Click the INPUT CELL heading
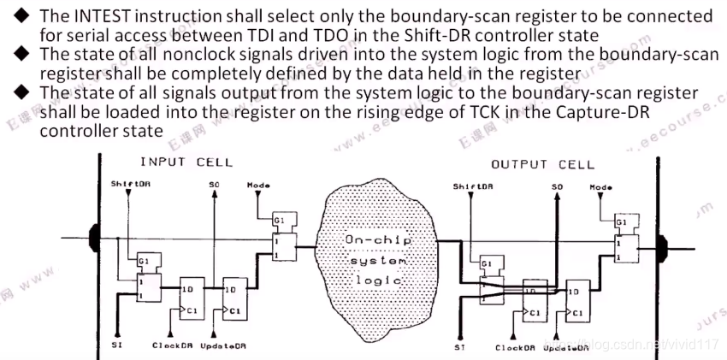click(x=186, y=161)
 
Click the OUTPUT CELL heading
click(x=542, y=164)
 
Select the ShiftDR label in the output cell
click(x=472, y=186)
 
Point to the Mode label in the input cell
click(x=257, y=184)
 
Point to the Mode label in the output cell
click(x=601, y=186)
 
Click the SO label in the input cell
click(x=214, y=184)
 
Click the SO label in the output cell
click(x=558, y=186)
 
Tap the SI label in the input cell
click(x=117, y=345)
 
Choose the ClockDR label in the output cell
click(x=516, y=347)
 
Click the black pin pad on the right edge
click(x=663, y=248)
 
